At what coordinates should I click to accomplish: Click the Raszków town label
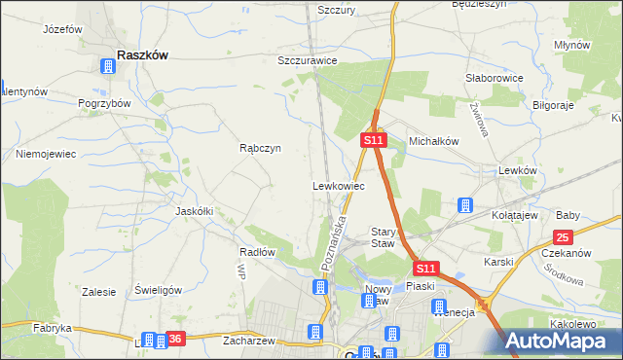coord(141,55)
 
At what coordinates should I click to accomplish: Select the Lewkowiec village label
coord(338,185)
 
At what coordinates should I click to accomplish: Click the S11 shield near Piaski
coord(425,268)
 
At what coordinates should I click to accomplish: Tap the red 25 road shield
coord(563,236)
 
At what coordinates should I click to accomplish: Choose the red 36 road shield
coord(174,339)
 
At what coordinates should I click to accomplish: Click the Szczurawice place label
coord(307,59)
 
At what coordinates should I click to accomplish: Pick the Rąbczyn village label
coord(260,148)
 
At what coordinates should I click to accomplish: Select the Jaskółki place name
coord(194,210)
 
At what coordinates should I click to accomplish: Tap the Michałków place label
coord(433,140)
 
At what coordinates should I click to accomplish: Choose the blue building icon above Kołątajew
coord(465,205)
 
